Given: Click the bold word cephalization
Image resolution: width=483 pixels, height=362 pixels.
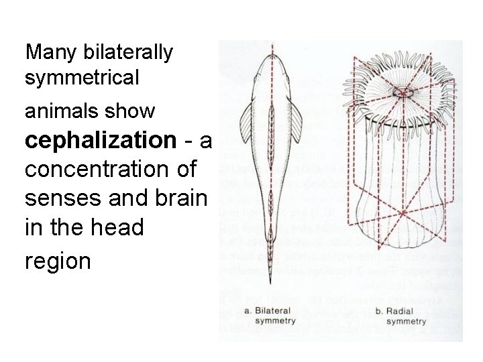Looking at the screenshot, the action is click(100, 140).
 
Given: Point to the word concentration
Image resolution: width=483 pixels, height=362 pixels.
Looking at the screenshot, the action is click(108, 169).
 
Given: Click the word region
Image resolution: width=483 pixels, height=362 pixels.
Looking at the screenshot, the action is click(58, 260).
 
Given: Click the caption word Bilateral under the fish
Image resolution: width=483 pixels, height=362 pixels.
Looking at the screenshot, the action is click(278, 311).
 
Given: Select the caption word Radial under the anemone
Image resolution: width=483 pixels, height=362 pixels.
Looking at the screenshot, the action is click(403, 312).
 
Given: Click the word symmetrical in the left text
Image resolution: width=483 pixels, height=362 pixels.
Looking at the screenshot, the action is click(83, 78).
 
